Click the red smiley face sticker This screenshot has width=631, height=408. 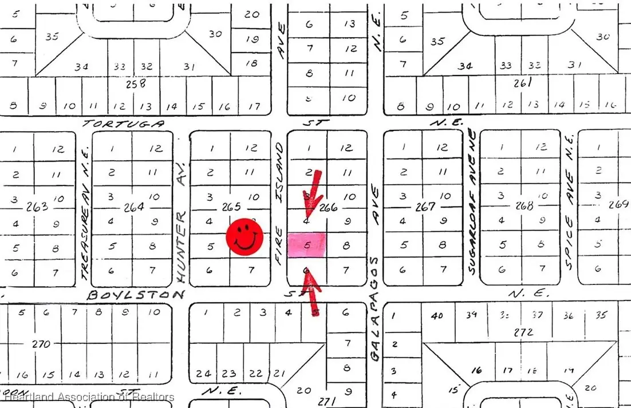pos(244,237)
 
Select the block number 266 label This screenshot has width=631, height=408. pos(328,207)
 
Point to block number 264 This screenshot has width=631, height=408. pos(133,207)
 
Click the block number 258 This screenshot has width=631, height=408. pos(136,84)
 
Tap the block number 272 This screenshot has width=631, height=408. pos(523,331)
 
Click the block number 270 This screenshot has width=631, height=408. pos(41,344)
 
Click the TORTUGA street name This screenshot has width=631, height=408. pos(123,124)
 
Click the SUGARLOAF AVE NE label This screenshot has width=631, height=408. pos(472,200)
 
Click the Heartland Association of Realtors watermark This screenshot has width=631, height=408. pos(89,397)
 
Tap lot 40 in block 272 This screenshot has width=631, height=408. pos(438,315)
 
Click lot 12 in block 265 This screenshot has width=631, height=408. pos(251,148)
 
